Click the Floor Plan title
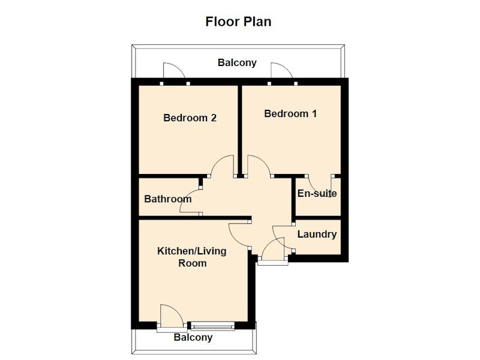coord(238,22)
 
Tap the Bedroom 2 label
coord(190,118)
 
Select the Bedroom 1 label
coord(290,114)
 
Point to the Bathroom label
coord(168,199)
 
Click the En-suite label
coord(317,193)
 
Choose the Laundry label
coord(317,235)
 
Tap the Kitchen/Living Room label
coord(192,257)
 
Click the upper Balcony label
coord(237,63)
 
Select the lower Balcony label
coord(193,337)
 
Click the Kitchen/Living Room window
coord(213,326)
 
